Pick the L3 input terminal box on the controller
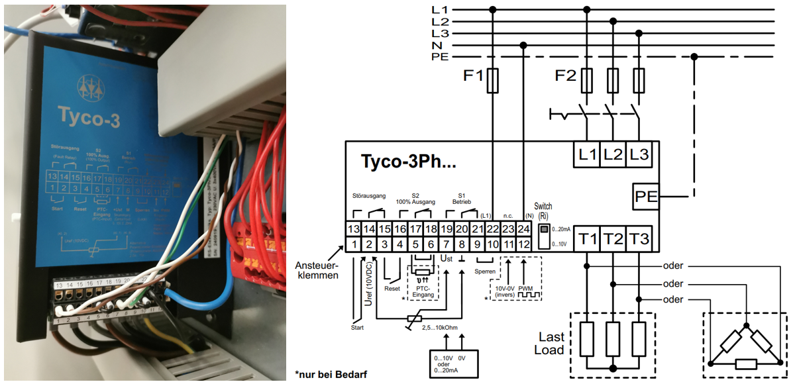pyautogui.click(x=639, y=155)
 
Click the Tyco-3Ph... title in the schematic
pyautogui.click(x=409, y=162)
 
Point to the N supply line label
pyautogui.click(x=437, y=45)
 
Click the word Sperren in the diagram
pyautogui.click(x=486, y=271)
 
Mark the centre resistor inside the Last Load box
pyautogui.click(x=613, y=340)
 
